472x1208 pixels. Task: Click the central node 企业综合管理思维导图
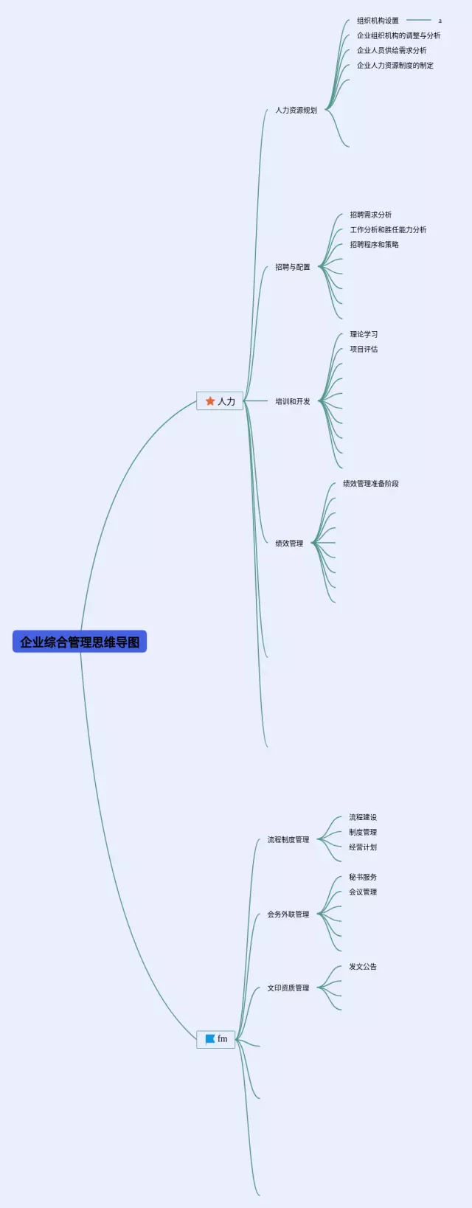[x=80, y=642]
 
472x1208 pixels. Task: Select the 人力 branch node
[x=220, y=401]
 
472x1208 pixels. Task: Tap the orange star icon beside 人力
[x=210, y=401]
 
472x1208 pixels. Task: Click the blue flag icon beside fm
[x=210, y=1038]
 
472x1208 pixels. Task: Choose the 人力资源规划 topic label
[x=296, y=110]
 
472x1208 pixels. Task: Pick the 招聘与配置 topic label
[x=292, y=267]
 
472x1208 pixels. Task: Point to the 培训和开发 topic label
[x=292, y=401]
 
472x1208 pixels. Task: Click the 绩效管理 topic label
[x=289, y=544]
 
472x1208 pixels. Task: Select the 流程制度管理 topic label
[x=288, y=839]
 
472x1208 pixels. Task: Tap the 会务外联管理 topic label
[x=288, y=914]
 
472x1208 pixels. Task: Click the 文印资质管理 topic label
[x=288, y=988]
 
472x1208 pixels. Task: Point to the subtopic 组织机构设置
[x=378, y=21]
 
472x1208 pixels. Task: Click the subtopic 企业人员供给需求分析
[x=392, y=50]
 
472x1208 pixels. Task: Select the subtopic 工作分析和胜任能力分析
[x=388, y=229]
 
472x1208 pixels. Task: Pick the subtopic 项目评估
[x=364, y=349]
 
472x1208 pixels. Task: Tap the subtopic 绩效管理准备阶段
[x=370, y=484]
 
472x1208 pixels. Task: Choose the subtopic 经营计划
[x=363, y=847]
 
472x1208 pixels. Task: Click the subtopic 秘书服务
[x=363, y=877]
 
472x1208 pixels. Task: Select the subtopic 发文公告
[x=363, y=966]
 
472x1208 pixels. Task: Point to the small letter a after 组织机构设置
[x=440, y=21]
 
